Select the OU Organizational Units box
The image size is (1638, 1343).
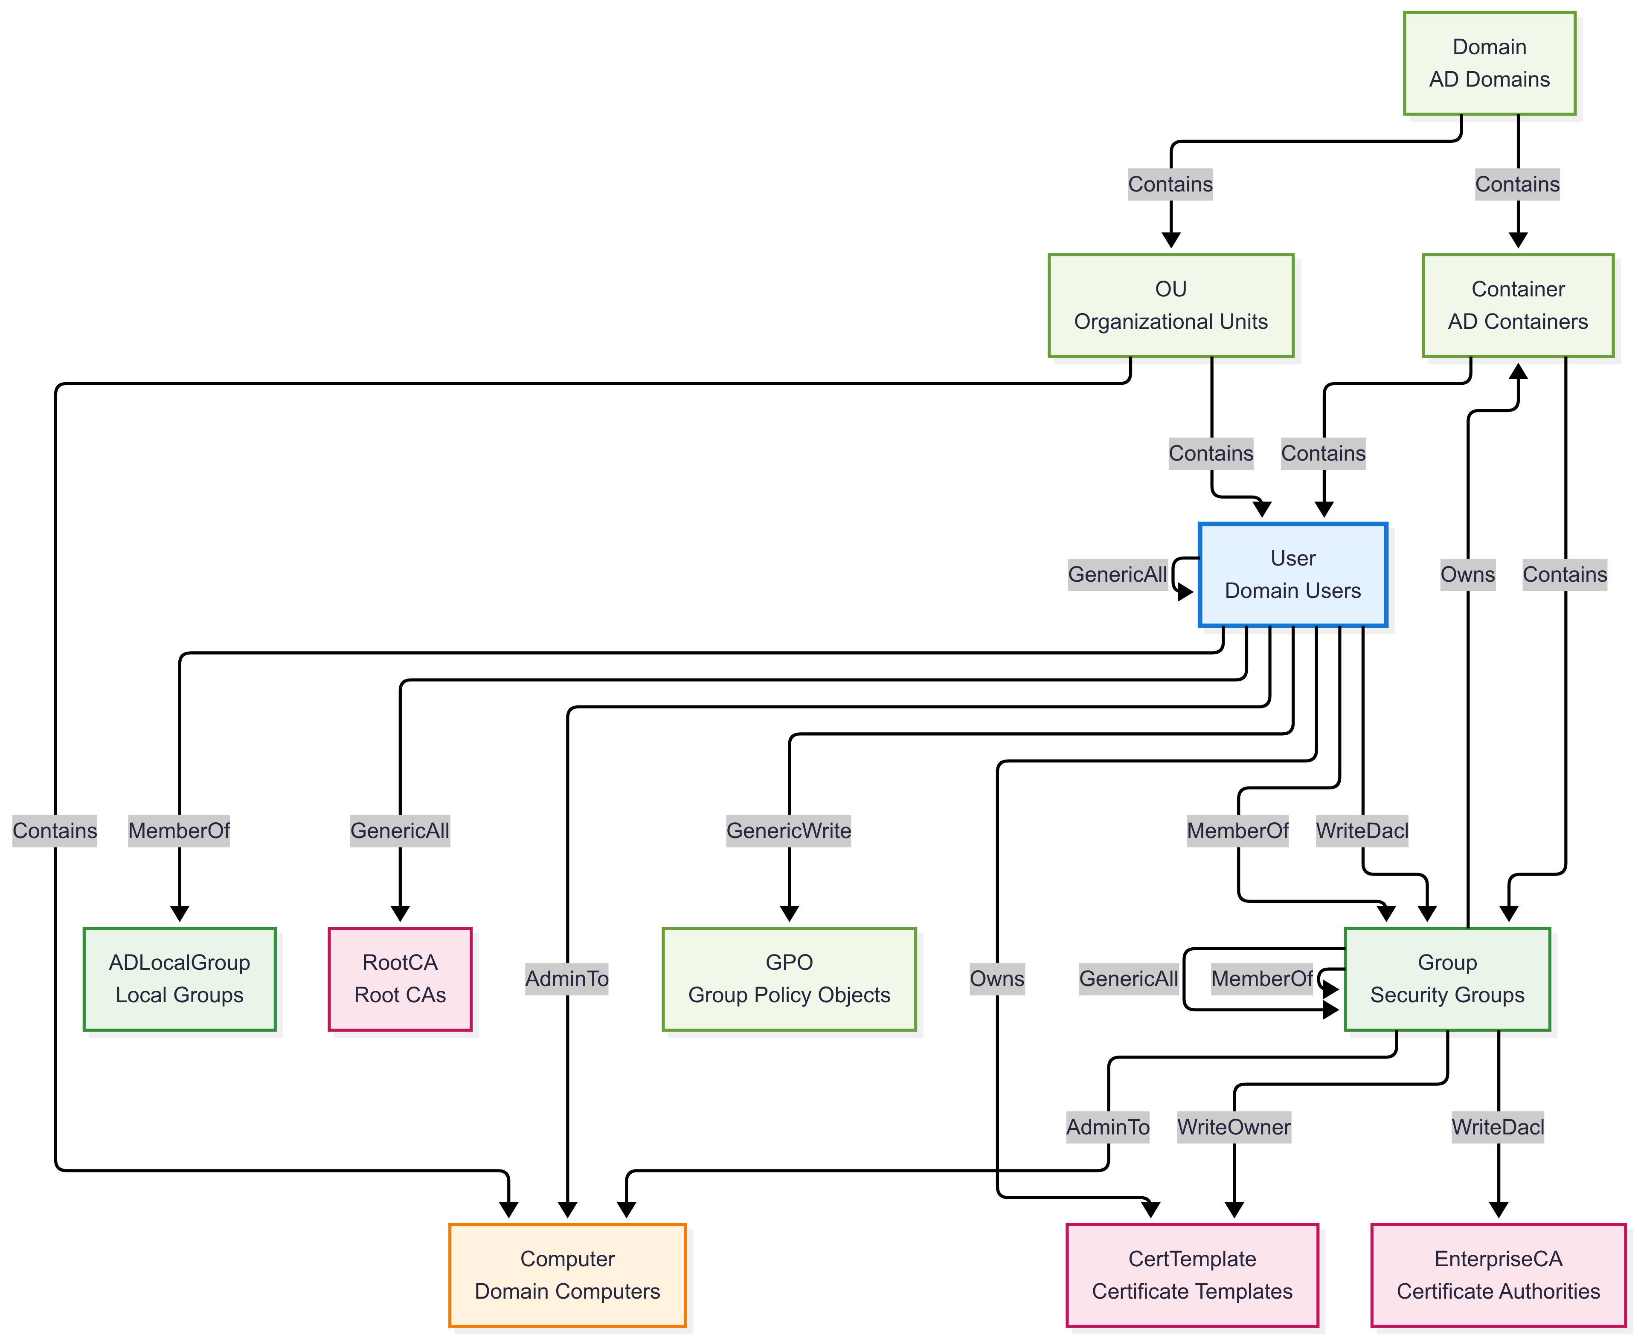pyautogui.click(x=1170, y=306)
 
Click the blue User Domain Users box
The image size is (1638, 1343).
pyautogui.click(x=1292, y=575)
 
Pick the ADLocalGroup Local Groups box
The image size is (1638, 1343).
pyautogui.click(x=180, y=979)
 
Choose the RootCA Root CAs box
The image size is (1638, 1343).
pyautogui.click(x=400, y=979)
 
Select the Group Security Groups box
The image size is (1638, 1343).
pyautogui.click(x=1447, y=979)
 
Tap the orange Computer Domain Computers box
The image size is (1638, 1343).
pyautogui.click(x=567, y=1275)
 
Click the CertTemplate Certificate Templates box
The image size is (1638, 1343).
pyautogui.click(x=1191, y=1275)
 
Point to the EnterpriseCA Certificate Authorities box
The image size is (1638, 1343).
pyautogui.click(x=1498, y=1275)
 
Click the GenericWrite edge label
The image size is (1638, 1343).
pyautogui.click(x=788, y=831)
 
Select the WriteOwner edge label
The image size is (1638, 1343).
pyautogui.click(x=1233, y=1127)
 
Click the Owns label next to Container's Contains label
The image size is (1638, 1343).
pyautogui.click(x=1467, y=575)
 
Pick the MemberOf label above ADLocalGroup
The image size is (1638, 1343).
pyautogui.click(x=179, y=831)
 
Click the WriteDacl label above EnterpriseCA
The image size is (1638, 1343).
pyautogui.click(x=1497, y=1127)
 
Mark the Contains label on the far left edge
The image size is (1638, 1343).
pyautogui.click(x=55, y=831)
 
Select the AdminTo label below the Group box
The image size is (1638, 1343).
pyautogui.click(x=1107, y=1127)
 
